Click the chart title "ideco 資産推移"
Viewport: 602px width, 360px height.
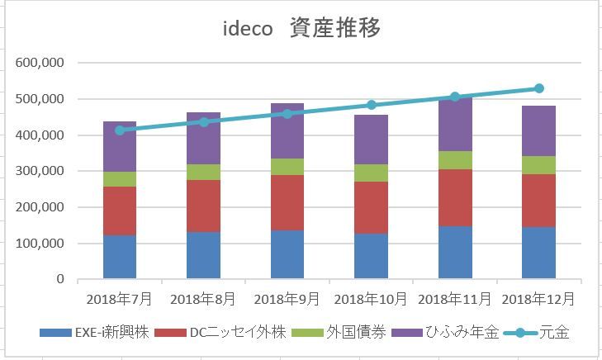(301, 28)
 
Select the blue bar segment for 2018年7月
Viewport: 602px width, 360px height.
(120, 257)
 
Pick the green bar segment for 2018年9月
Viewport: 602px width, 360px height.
(287, 167)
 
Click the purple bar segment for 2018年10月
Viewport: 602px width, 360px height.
(371, 140)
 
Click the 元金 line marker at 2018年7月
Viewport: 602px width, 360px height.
(120, 130)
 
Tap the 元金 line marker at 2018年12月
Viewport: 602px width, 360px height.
(538, 88)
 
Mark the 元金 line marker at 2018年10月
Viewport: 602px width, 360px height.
(371, 105)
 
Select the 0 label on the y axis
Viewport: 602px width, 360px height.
(60, 279)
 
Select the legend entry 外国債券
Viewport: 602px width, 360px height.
(336, 333)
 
